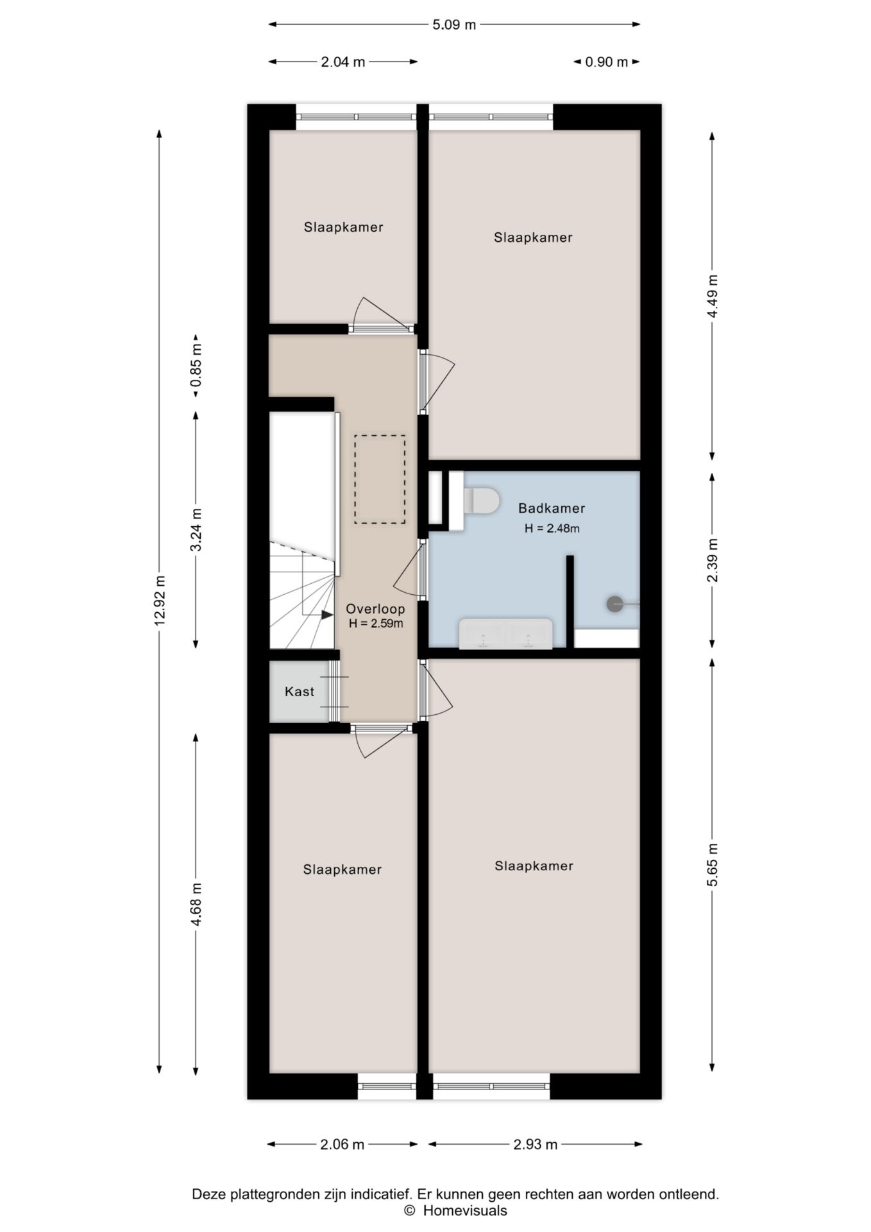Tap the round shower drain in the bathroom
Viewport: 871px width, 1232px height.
point(614,604)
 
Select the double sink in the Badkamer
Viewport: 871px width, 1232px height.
point(505,634)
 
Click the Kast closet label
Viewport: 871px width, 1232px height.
point(300,692)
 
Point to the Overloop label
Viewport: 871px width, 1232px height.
point(375,609)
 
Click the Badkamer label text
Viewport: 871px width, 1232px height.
point(552,508)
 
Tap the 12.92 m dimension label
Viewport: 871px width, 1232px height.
point(160,600)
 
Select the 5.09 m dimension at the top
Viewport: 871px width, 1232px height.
point(454,25)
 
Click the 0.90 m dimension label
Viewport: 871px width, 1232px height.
point(607,62)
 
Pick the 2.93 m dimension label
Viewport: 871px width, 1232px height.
point(536,1144)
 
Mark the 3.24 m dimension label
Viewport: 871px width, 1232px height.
point(196,529)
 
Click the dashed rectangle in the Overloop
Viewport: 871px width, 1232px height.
point(380,479)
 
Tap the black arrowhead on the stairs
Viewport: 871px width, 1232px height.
point(327,614)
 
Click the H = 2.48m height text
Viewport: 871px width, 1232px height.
point(552,529)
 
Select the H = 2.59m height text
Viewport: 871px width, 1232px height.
point(376,623)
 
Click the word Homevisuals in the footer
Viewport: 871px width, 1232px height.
point(465,1211)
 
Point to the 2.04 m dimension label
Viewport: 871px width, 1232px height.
point(343,62)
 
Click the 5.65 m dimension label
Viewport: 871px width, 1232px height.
point(713,864)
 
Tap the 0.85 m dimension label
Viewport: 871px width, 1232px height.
point(196,366)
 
